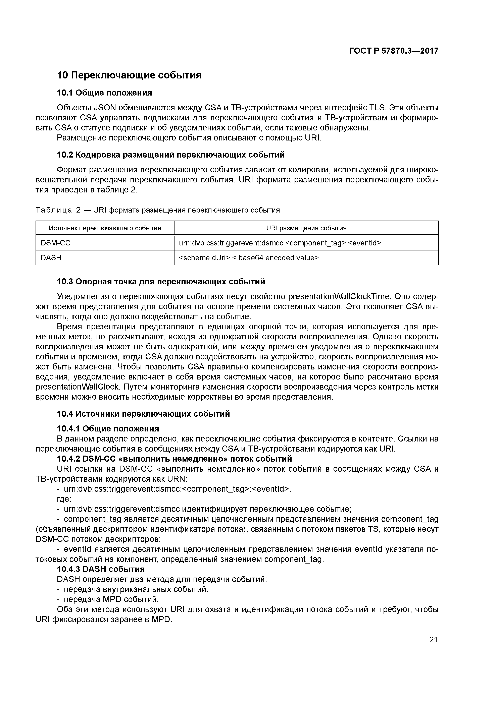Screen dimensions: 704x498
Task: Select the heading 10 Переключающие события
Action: (x=129, y=75)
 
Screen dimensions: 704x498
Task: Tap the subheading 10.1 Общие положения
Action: (x=104, y=93)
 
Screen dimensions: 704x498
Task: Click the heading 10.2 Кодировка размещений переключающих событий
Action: (x=171, y=155)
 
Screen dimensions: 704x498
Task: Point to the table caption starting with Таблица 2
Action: (x=158, y=210)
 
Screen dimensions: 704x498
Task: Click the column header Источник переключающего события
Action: (x=105, y=228)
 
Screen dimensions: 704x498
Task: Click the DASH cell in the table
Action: (x=51, y=257)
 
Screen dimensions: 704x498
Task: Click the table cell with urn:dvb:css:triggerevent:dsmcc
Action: (x=280, y=243)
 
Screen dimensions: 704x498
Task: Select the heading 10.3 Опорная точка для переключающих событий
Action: (x=161, y=282)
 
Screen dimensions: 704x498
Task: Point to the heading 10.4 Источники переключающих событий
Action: (x=143, y=414)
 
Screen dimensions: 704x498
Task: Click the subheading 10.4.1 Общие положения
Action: (x=108, y=429)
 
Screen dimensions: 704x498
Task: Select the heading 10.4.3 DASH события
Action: (x=101, y=569)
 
